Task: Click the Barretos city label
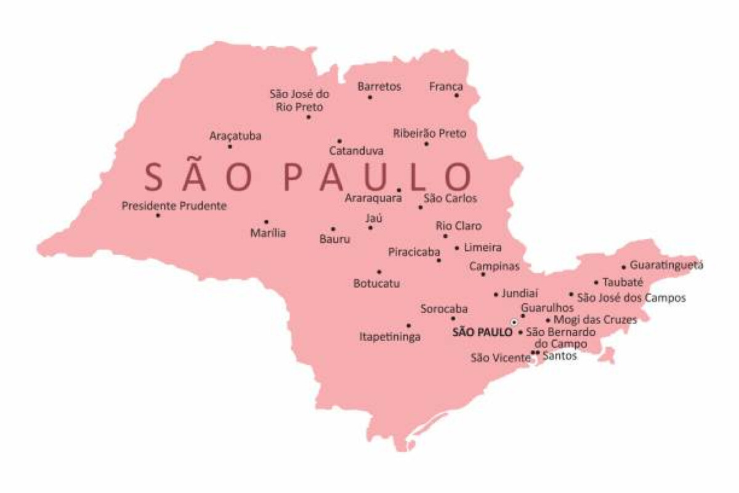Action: pos(379,87)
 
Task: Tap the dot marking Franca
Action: pos(457,96)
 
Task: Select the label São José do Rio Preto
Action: pos(299,100)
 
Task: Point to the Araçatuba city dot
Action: pos(230,147)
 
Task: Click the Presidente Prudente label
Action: pos(174,206)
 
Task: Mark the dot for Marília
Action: pos(266,222)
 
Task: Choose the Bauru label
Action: pos(335,239)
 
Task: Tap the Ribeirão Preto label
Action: pos(430,133)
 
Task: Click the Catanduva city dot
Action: pos(339,141)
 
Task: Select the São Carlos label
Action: pos(450,198)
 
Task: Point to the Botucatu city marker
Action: pos(379,272)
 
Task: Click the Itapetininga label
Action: pos(390,337)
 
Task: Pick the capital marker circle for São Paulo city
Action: pos(514,322)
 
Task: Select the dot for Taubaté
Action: pos(596,283)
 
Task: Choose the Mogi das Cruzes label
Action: pos(595,320)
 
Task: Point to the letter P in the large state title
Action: pos(295,176)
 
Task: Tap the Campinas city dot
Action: pos(483,274)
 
